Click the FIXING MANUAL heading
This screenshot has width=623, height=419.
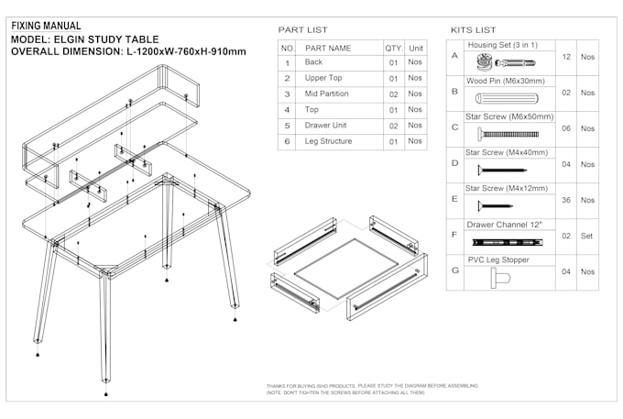click(45, 26)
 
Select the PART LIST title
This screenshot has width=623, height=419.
click(302, 30)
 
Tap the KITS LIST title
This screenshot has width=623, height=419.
click(474, 30)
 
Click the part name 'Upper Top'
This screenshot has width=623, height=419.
click(323, 79)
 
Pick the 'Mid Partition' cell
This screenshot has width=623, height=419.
click(327, 94)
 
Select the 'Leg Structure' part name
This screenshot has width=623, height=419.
click(329, 141)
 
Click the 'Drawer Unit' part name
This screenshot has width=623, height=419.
click(326, 126)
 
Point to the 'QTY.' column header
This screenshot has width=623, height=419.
click(393, 48)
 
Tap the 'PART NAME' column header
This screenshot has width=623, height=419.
click(328, 48)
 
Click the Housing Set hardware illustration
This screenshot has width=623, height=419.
click(508, 63)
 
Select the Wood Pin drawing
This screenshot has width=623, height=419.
click(507, 97)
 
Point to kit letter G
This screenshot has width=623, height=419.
click(454, 271)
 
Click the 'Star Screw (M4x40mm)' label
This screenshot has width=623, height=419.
click(507, 152)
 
